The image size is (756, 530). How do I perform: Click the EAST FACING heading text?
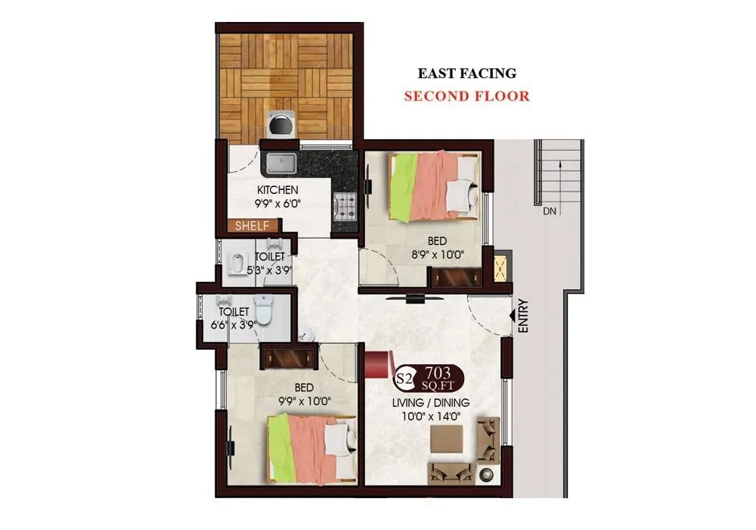pyautogui.click(x=467, y=73)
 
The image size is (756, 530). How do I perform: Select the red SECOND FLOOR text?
pyautogui.click(x=466, y=96)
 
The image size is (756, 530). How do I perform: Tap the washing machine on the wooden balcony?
pyautogui.click(x=280, y=125)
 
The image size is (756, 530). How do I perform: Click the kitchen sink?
pyautogui.click(x=281, y=163)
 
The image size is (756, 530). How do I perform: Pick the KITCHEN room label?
pyautogui.click(x=277, y=189)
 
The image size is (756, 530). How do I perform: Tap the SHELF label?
pyautogui.click(x=253, y=226)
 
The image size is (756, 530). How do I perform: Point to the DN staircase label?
pyautogui.click(x=550, y=211)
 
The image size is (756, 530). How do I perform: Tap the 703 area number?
pyautogui.click(x=438, y=372)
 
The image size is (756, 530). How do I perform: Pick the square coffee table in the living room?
pyautogui.click(x=447, y=439)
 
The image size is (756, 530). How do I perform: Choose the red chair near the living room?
pyautogui.click(x=376, y=363)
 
